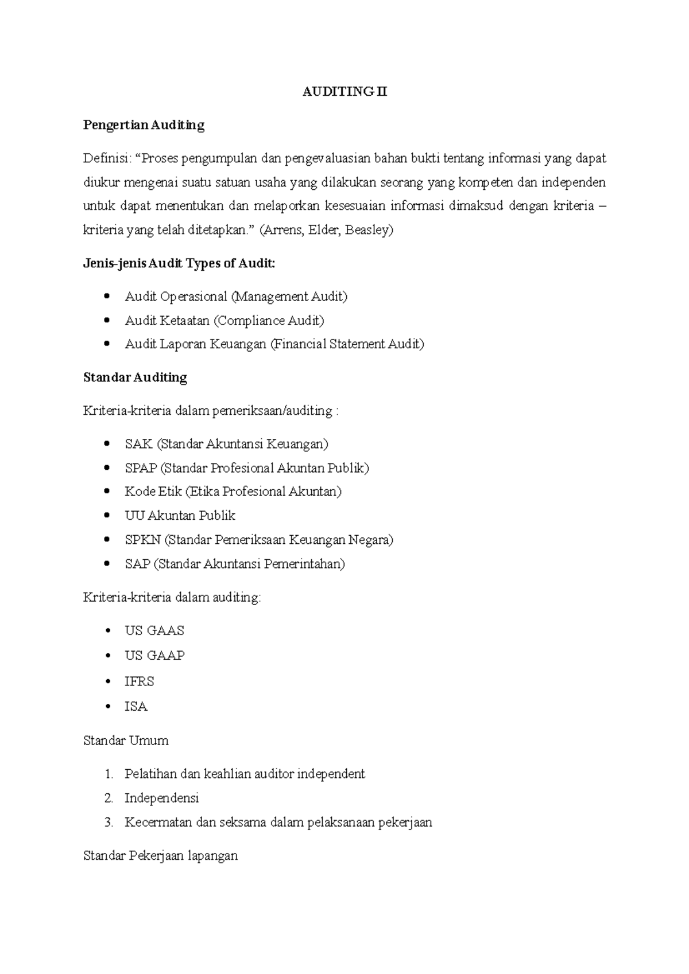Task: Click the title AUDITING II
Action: tap(344, 92)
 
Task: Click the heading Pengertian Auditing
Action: tap(144, 125)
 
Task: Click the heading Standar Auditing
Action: tap(135, 377)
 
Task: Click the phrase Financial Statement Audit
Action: tap(347, 344)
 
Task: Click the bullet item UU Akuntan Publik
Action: tap(180, 516)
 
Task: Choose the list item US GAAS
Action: tap(154, 631)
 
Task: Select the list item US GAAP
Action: tap(154, 656)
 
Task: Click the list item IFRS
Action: tap(139, 681)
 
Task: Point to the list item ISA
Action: tap(136, 707)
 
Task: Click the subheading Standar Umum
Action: tap(126, 741)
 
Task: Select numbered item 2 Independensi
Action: tap(161, 798)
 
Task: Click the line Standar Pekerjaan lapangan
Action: tap(160, 856)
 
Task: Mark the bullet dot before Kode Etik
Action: tap(107, 492)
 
